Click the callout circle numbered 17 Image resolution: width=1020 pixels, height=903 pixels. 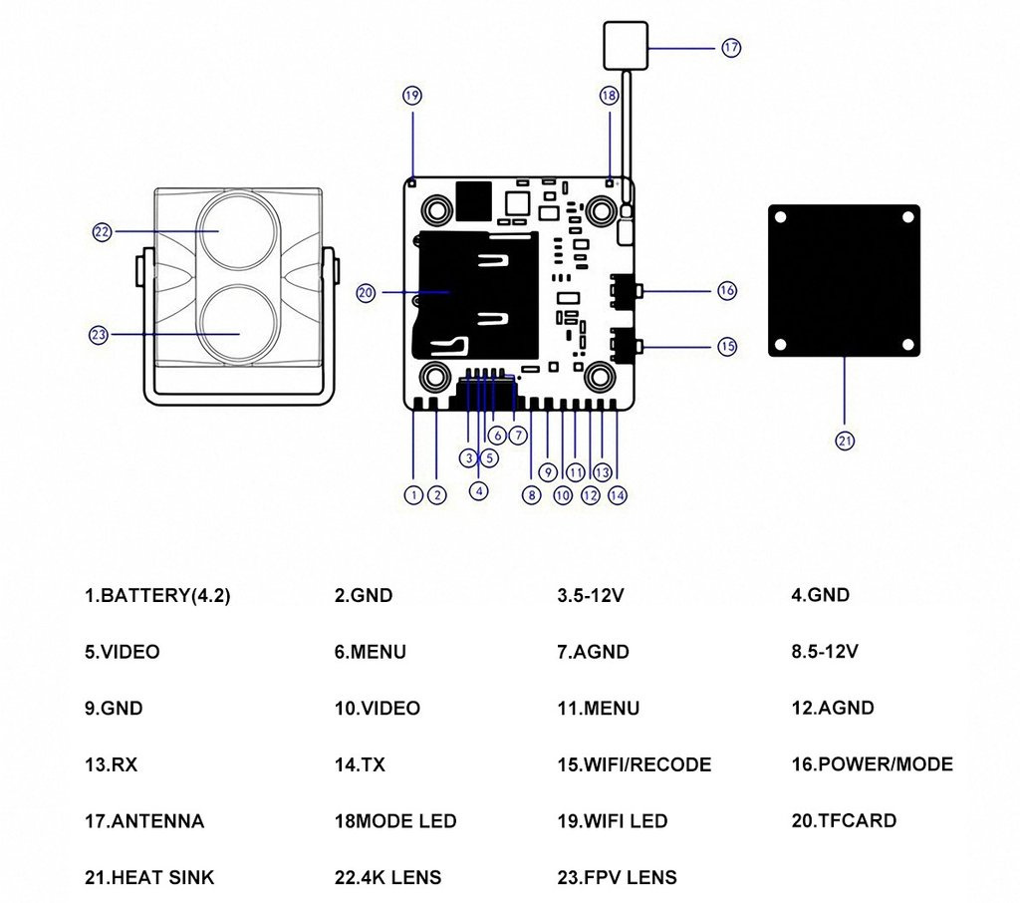tap(731, 47)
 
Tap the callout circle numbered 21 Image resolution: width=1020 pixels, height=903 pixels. tap(845, 440)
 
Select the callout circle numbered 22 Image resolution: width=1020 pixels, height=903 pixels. tap(101, 231)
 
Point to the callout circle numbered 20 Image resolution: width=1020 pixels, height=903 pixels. tap(366, 292)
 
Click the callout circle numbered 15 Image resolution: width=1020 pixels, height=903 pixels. tap(727, 346)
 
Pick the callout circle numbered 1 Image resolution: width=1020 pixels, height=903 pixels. tap(413, 493)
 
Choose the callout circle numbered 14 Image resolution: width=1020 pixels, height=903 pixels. tap(618, 493)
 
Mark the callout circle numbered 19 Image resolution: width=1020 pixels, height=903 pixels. tap(412, 96)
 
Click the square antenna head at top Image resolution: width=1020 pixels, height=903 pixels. tap(624, 46)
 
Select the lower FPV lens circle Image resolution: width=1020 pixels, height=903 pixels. tap(240, 324)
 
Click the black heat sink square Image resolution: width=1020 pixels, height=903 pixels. tap(844, 281)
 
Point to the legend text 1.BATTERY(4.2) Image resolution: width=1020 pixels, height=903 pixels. tap(157, 596)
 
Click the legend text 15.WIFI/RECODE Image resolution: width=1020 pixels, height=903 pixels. tap(634, 765)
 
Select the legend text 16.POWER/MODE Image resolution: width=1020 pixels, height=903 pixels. tap(872, 764)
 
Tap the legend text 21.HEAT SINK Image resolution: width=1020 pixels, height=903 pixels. tap(149, 878)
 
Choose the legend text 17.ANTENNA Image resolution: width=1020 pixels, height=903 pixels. tap(144, 821)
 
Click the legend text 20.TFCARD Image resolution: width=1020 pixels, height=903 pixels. tap(844, 821)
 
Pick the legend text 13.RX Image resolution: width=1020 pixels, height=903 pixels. tap(112, 765)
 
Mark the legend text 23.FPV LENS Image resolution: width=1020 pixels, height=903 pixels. tap(617, 878)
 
